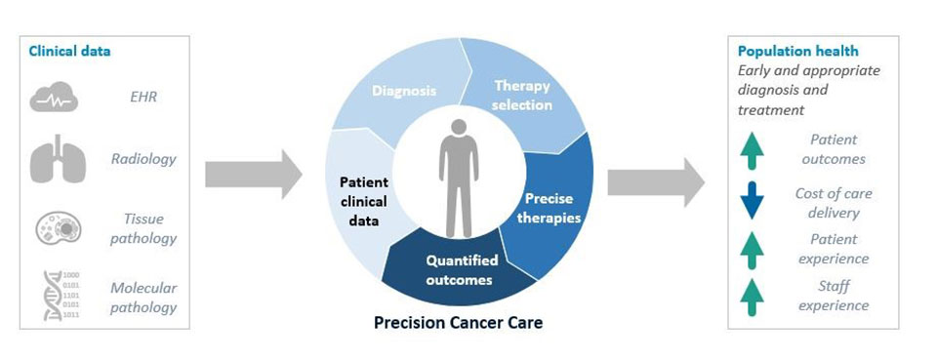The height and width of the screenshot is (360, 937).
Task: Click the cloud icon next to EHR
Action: coord(54,97)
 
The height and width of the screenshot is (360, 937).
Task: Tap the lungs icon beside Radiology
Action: coord(58,159)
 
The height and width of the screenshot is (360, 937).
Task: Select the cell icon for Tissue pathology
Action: coord(58,228)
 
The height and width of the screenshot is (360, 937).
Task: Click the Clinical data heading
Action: coord(69,52)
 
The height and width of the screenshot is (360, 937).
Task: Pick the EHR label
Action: coord(143,97)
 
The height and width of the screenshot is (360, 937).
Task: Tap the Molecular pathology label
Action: coord(143,298)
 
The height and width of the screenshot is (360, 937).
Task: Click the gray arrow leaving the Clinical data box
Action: coord(254,175)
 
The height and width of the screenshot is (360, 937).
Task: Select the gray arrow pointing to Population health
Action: coord(656,182)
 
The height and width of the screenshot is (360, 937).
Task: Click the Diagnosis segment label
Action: coord(404,92)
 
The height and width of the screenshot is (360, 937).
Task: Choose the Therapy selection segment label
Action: coord(521,96)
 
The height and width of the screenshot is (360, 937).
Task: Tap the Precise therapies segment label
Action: coord(549,208)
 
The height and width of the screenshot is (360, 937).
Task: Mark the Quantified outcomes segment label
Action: coord(462,270)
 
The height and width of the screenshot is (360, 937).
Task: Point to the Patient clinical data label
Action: coord(364,201)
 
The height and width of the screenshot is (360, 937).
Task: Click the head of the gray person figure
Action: coord(459,127)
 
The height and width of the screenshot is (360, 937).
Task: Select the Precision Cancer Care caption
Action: coord(459,323)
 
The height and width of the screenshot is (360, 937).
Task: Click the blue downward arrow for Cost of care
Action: coord(752,200)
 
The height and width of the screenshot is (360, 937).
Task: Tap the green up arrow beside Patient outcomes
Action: coord(752,150)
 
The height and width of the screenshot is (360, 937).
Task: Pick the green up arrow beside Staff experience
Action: coord(752,298)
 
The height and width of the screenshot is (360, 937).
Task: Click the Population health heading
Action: coord(798,52)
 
